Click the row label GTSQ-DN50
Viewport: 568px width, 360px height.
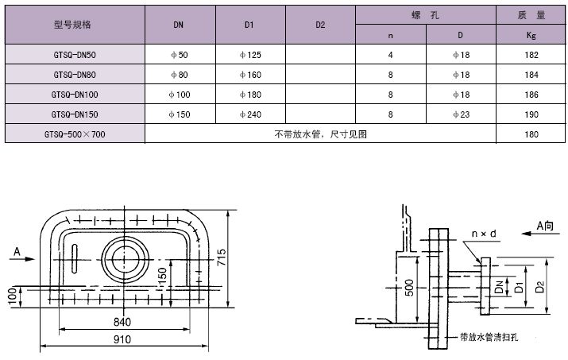coord(75,55)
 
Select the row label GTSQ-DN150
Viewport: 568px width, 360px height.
coord(75,114)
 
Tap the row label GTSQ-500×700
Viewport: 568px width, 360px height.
coord(75,134)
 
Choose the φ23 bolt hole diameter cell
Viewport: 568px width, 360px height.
coord(461,114)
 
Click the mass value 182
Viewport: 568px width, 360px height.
coord(532,55)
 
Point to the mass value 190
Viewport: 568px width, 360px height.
coord(532,114)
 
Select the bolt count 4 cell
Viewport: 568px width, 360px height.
coord(390,55)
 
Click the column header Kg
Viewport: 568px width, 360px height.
coord(532,35)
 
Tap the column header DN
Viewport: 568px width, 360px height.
coord(180,25)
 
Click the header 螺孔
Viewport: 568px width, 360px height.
coord(426,14)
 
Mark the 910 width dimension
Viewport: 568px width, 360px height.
coord(122,339)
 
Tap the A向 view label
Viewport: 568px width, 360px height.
coord(546,226)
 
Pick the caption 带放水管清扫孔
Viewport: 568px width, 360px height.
coord(489,338)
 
